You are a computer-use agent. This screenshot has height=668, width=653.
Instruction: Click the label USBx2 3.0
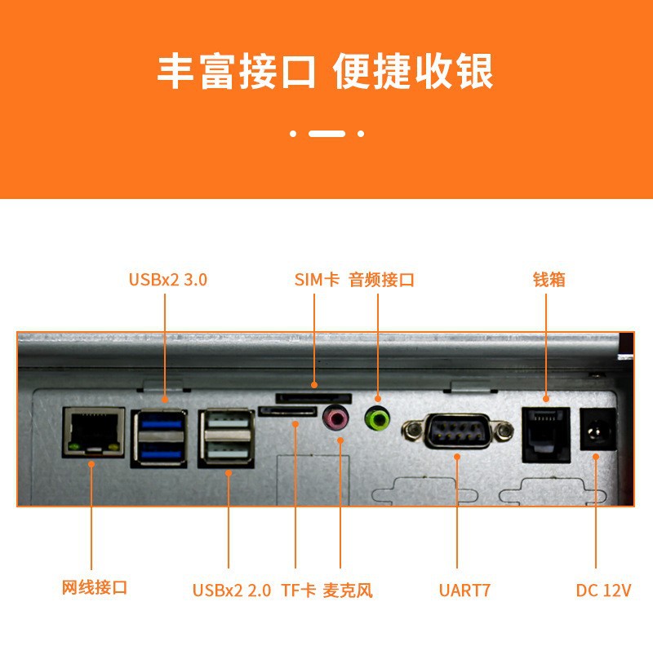168,280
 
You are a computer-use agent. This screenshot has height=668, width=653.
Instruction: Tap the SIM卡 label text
317,280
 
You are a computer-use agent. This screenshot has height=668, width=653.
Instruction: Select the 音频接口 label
381,280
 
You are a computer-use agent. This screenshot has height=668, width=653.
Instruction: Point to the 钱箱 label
549,280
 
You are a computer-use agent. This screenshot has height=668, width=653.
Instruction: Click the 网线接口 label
95,587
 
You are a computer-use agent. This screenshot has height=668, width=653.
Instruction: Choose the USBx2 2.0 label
232,591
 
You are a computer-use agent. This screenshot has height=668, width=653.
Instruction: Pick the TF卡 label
299,591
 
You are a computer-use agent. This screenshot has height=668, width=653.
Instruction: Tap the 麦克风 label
348,591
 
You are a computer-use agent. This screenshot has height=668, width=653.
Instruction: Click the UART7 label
464,591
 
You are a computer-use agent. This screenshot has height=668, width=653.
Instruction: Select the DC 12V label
603,591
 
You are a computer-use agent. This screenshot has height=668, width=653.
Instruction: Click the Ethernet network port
94,432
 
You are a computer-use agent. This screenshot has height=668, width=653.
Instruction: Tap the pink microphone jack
335,418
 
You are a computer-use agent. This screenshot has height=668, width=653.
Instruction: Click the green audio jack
377,418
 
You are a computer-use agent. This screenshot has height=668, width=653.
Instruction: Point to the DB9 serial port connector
457,431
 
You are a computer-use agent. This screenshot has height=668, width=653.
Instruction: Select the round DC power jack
598,429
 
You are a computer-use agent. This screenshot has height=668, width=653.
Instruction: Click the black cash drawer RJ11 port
546,435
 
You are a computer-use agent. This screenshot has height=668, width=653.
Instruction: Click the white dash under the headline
326,134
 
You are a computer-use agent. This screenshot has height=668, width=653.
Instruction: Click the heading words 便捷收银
412,72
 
